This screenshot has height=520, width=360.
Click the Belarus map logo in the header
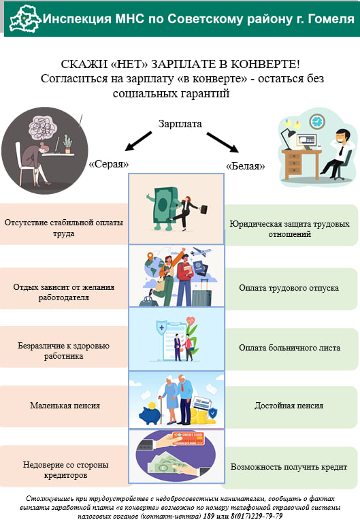click(x=25, y=19)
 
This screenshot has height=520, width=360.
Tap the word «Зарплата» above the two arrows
click(x=180, y=124)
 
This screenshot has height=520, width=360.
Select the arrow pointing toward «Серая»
click(x=138, y=141)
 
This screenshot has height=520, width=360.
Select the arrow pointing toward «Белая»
click(x=223, y=142)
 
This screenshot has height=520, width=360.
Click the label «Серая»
click(x=109, y=164)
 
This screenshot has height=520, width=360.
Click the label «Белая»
click(x=245, y=166)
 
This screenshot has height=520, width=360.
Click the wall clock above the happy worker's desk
click(x=317, y=121)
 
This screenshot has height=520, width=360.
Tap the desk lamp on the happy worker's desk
click(x=288, y=139)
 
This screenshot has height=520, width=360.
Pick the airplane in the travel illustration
click(x=201, y=252)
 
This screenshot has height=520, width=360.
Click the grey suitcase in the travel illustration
click(x=201, y=293)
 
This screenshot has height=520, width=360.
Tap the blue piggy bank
click(x=150, y=414)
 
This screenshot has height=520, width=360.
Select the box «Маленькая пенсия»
click(x=64, y=406)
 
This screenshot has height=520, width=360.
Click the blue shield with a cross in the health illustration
click(x=161, y=327)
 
